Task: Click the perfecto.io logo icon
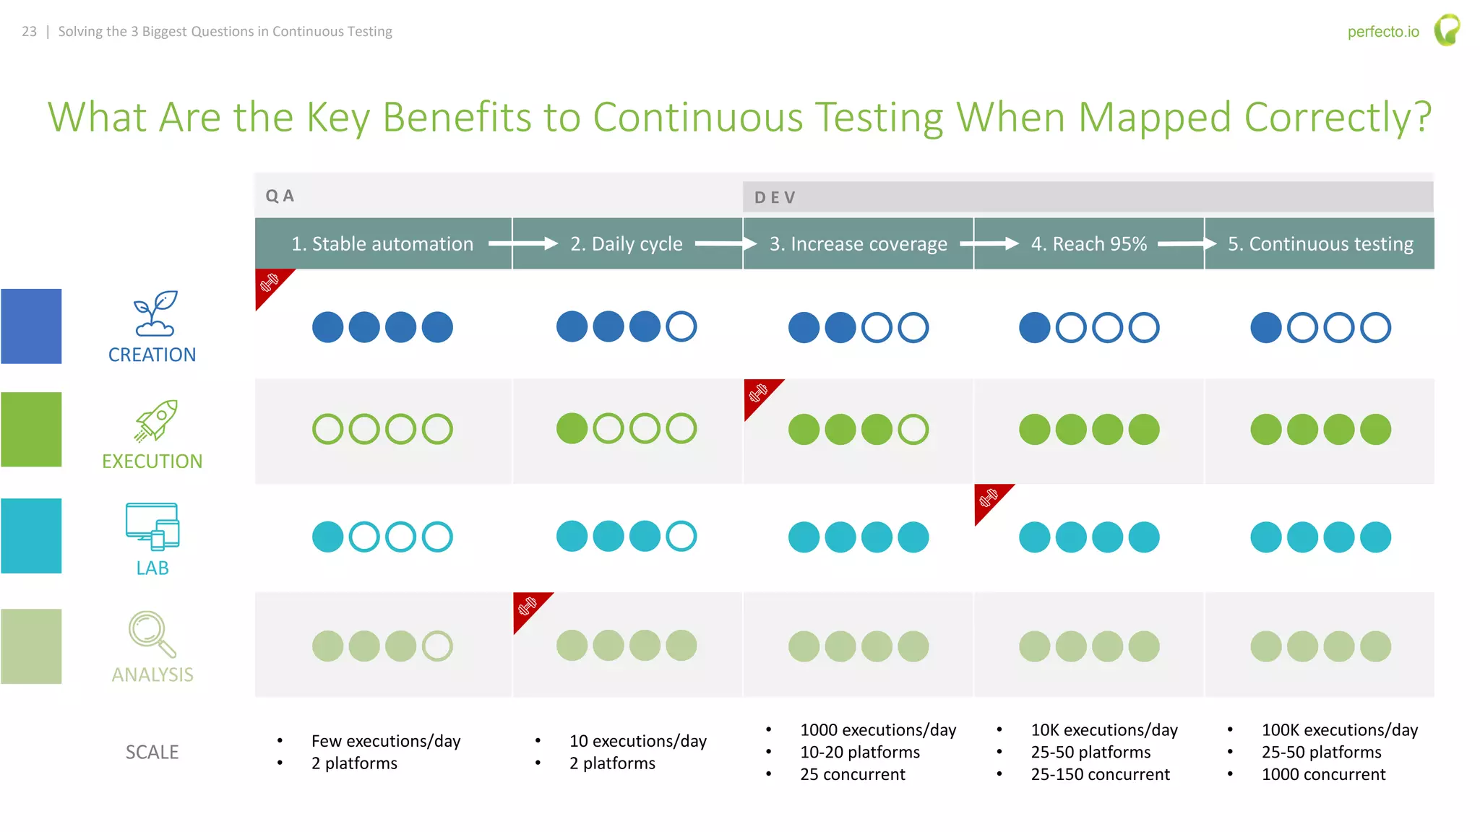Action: tap(1447, 30)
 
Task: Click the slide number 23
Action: tap(29, 32)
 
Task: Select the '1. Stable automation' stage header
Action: tap(382, 244)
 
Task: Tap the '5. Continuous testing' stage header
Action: tap(1320, 244)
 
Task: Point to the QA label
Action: tap(280, 196)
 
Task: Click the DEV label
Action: tap(775, 198)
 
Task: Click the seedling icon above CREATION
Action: tap(154, 313)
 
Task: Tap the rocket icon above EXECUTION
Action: tap(156, 420)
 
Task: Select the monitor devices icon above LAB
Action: tap(152, 526)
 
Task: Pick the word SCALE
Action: tap(152, 753)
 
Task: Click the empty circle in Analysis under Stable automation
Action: tap(437, 646)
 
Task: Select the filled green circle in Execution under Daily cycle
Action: tap(572, 428)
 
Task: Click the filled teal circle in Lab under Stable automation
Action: tap(327, 537)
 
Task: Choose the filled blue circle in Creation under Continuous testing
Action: tap(1265, 327)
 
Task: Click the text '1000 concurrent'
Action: tap(1323, 775)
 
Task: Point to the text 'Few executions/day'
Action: tap(386, 741)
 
